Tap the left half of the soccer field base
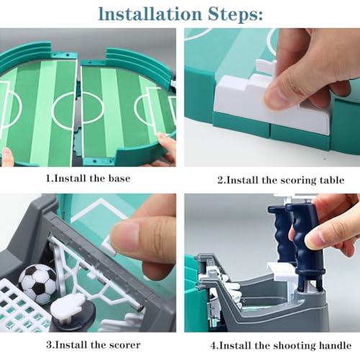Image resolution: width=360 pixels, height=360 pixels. point(40,104)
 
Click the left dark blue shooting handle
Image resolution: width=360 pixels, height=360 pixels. point(280,230)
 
